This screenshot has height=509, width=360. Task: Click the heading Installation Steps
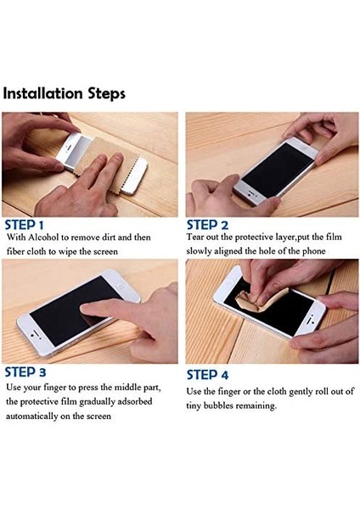click(64, 93)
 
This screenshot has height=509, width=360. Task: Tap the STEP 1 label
click(24, 226)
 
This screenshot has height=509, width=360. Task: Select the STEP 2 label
click(207, 225)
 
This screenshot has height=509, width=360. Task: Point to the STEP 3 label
click(25, 372)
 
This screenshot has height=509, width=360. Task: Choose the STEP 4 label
click(207, 375)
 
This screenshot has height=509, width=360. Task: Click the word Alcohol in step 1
click(43, 238)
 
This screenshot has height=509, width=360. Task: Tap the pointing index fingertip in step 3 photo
click(85, 309)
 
